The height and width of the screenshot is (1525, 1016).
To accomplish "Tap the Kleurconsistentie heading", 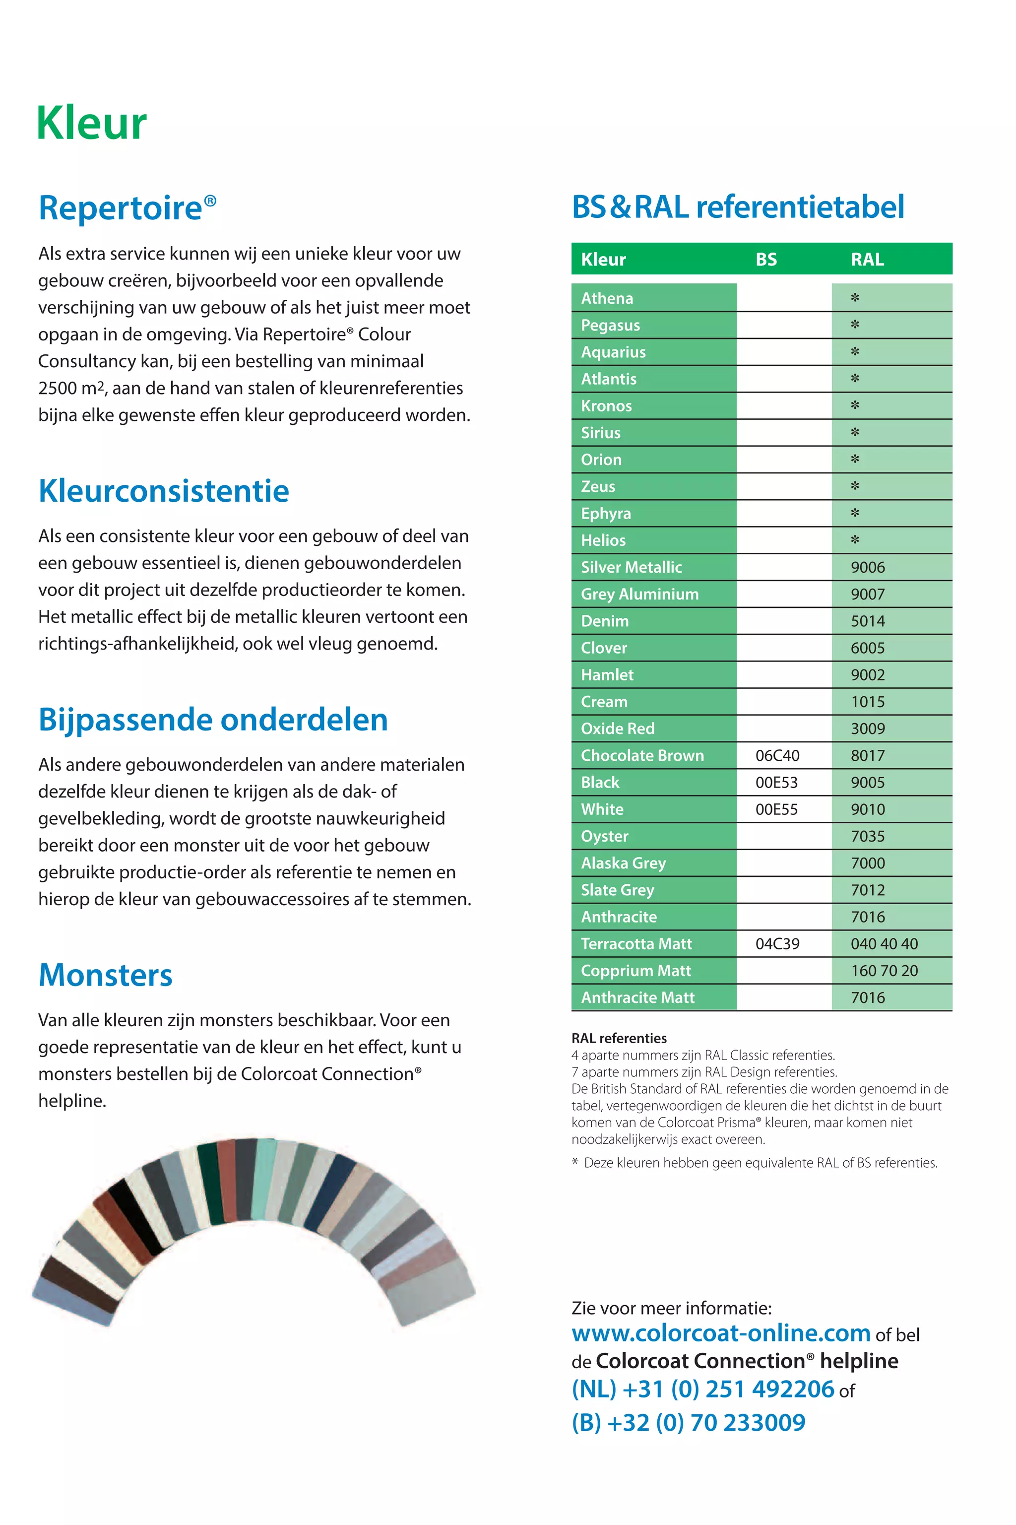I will [163, 491].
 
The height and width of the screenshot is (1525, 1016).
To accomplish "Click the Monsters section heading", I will [105, 975].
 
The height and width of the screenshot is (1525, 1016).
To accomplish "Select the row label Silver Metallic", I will [631, 567].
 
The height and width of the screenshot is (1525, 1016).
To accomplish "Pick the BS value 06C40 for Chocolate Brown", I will [777, 756].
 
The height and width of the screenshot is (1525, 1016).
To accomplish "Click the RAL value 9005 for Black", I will [867, 782].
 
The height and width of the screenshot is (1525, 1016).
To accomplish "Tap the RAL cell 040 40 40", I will [884, 944].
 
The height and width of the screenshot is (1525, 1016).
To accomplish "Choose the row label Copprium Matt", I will [635, 971].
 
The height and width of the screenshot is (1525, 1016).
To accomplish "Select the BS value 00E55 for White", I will [776, 809].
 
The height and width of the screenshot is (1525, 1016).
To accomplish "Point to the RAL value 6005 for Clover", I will [867, 648].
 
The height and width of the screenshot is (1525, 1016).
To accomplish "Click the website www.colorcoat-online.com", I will [720, 1332].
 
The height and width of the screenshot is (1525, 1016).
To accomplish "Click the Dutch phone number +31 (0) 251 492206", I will [703, 1389].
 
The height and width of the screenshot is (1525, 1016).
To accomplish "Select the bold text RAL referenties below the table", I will [618, 1038].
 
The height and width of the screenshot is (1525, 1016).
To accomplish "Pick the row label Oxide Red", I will [618, 729].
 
